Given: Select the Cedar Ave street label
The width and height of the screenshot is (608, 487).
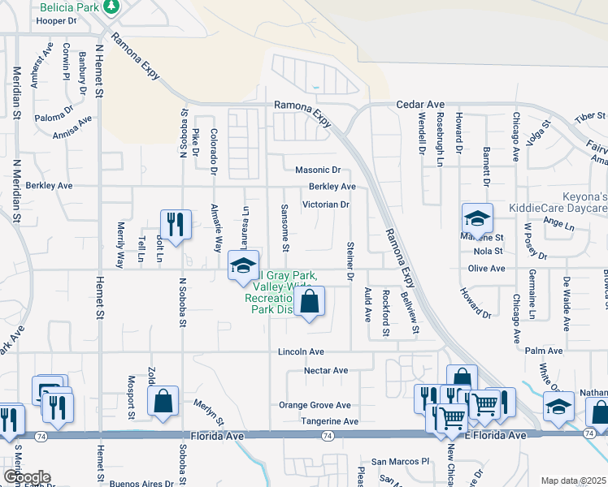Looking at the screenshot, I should pos(420,105).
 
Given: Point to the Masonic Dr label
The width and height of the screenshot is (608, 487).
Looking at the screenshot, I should pos(318,170).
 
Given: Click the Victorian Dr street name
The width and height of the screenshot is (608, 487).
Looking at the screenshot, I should pos(325,205).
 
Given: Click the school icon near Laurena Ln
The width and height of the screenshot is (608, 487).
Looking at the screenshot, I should pos(242,266).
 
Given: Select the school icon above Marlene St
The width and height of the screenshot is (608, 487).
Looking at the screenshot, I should pos(477,218).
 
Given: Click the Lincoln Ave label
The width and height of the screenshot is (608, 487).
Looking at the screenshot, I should pos(301,352).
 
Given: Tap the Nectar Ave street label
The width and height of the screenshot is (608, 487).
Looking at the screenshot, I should pos(325,370).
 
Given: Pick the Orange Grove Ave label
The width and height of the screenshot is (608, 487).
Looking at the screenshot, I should pos(315,405).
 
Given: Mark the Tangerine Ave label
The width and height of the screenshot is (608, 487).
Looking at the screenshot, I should pos(329,421).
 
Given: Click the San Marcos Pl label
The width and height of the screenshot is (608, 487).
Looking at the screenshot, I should pos(400,461).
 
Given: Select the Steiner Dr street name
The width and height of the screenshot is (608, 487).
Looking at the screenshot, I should pos(350,261).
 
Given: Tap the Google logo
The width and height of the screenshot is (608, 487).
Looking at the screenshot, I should pos(26,477).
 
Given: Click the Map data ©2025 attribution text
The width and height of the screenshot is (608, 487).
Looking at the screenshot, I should pos(573,481).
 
